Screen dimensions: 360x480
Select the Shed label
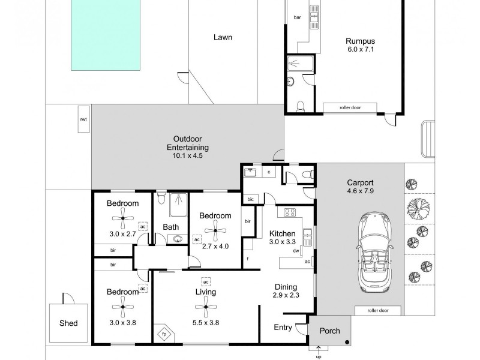(68, 323)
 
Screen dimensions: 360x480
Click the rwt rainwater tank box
(83, 119)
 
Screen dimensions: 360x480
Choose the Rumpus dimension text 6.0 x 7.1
(360, 50)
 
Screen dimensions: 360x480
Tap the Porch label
(329, 331)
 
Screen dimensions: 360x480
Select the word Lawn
(223, 37)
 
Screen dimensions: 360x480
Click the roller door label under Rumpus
(350, 108)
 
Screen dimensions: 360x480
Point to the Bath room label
(171, 227)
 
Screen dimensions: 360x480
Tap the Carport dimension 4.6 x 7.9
(360, 193)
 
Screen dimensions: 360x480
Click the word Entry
(283, 327)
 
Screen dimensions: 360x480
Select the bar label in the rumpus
(297, 17)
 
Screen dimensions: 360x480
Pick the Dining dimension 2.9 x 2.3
(286, 296)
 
